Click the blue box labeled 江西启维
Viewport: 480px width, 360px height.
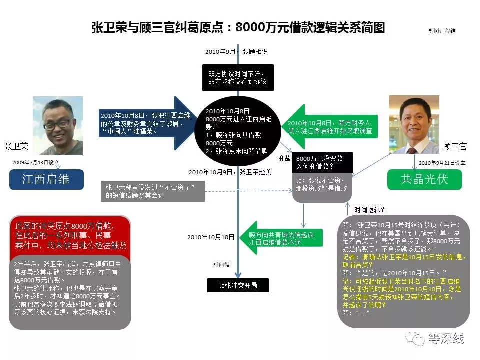[x=46, y=179]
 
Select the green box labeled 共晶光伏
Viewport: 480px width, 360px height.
[x=424, y=179]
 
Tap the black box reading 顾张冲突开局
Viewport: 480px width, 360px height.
[x=238, y=285]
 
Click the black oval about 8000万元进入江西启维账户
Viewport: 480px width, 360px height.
[x=238, y=131]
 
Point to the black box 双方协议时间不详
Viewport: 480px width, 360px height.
[x=238, y=78]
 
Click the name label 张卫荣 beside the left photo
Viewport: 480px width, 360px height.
[x=16, y=146]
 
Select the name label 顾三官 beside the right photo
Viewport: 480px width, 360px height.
[x=455, y=146]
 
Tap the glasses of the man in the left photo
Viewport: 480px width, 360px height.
[x=57, y=124]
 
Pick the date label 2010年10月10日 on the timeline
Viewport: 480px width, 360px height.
[x=211, y=237]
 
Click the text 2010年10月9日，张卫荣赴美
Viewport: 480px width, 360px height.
[x=230, y=172]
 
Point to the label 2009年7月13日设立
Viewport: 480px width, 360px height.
[x=36, y=162]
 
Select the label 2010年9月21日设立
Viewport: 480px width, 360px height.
[x=442, y=163]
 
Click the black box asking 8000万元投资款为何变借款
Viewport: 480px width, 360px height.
[x=322, y=162]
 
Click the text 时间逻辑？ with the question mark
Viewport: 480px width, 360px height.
[x=369, y=210]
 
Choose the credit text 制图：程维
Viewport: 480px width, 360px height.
[x=442, y=31]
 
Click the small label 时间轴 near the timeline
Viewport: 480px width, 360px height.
[x=221, y=265]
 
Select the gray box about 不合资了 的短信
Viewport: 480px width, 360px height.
[x=153, y=191]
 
